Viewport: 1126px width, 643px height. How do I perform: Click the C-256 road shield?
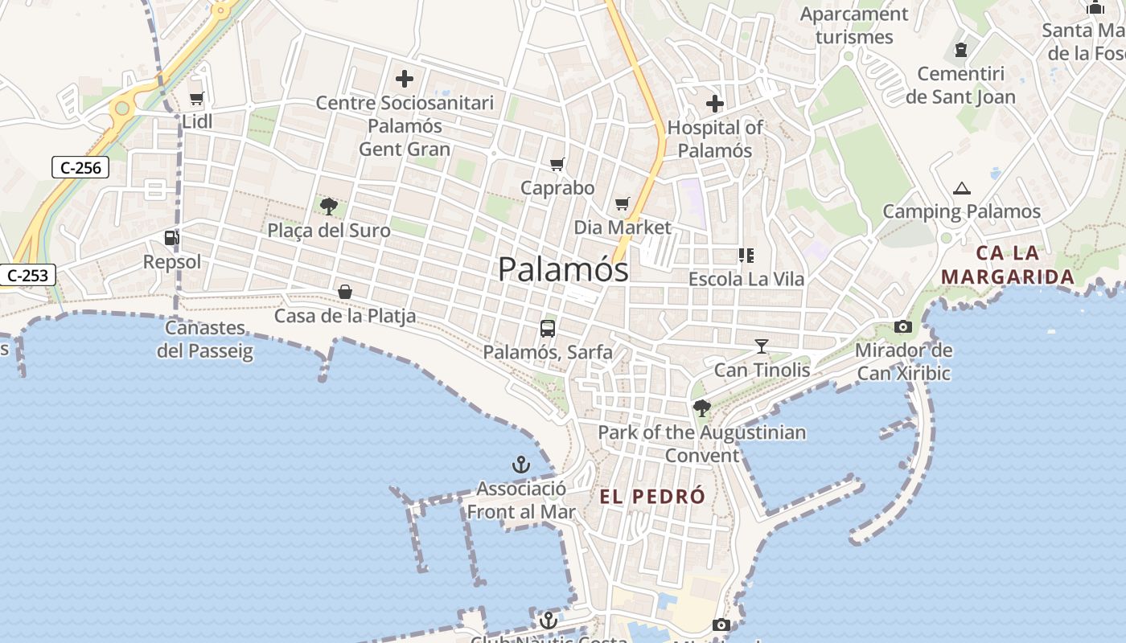click(80, 167)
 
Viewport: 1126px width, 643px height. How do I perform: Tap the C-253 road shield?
click(27, 275)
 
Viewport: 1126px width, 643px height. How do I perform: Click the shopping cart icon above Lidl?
click(196, 98)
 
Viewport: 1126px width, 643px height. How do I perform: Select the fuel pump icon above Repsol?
click(171, 238)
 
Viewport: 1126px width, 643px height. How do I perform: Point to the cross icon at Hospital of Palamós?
click(714, 104)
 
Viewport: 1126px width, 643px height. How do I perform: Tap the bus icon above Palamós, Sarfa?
click(548, 328)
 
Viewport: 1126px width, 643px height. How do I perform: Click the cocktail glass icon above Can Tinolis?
click(762, 346)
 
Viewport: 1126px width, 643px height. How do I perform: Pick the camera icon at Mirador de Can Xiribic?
click(902, 326)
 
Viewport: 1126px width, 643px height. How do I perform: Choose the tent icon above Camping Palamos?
click(961, 189)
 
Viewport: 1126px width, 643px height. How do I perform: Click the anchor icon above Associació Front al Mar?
click(521, 465)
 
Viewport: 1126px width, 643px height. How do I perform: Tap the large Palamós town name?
click(563, 269)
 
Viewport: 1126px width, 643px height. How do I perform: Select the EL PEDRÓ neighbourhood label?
click(652, 497)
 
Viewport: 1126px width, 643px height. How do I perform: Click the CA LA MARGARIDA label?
click(1008, 265)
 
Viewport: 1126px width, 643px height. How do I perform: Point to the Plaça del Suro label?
click(329, 231)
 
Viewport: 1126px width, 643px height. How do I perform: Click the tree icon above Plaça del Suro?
click(328, 207)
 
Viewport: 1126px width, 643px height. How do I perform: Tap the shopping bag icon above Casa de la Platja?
click(345, 292)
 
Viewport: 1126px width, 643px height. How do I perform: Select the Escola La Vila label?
click(746, 280)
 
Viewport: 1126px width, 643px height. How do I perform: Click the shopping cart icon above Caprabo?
click(557, 165)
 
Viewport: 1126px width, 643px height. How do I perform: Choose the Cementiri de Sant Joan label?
click(961, 86)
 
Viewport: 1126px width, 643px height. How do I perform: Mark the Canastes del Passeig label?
click(205, 339)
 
